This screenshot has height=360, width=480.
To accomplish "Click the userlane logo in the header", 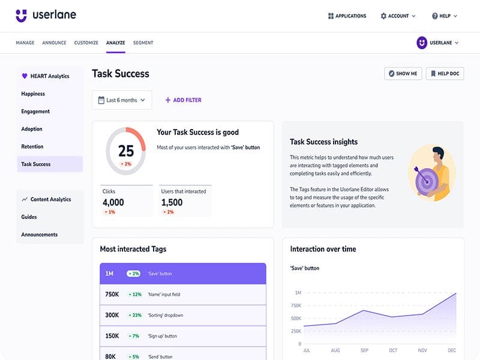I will click(x=46, y=16).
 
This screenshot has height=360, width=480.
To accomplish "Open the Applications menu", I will click(x=347, y=16).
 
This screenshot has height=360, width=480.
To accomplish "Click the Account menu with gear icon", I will click(x=398, y=16).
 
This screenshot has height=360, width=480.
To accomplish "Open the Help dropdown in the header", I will click(x=444, y=16).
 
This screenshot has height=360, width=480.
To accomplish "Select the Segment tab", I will click(x=143, y=43).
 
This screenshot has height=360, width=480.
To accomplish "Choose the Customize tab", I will click(x=86, y=43).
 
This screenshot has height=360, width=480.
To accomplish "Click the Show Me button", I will click(x=403, y=73).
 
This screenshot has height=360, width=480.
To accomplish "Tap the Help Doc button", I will click(x=445, y=73).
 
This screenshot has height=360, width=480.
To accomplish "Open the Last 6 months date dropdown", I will click(x=122, y=100).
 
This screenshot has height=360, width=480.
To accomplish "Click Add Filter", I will click(x=184, y=100).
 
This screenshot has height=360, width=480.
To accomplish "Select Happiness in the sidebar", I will click(x=33, y=94).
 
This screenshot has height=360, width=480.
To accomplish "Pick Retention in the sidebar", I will click(x=32, y=146).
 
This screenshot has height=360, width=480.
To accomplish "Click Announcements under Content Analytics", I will click(x=40, y=235).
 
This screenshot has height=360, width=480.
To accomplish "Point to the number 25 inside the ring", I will click(x=126, y=151).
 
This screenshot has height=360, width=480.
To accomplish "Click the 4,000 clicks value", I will click(x=113, y=203).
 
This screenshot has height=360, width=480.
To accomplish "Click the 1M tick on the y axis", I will click(x=298, y=293).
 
